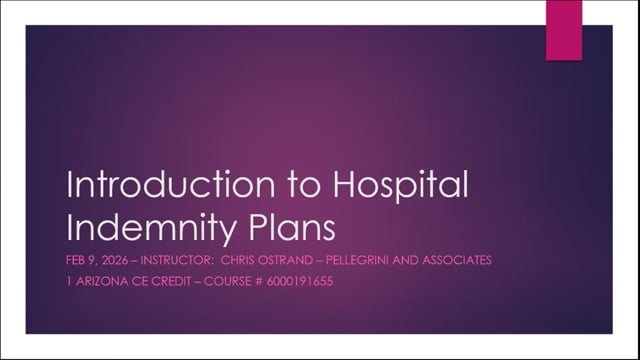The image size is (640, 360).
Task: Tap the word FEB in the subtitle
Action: (76, 261)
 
